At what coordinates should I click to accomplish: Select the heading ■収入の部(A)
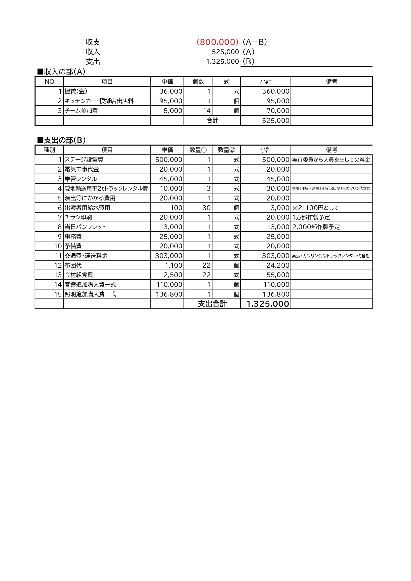click(61, 72)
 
